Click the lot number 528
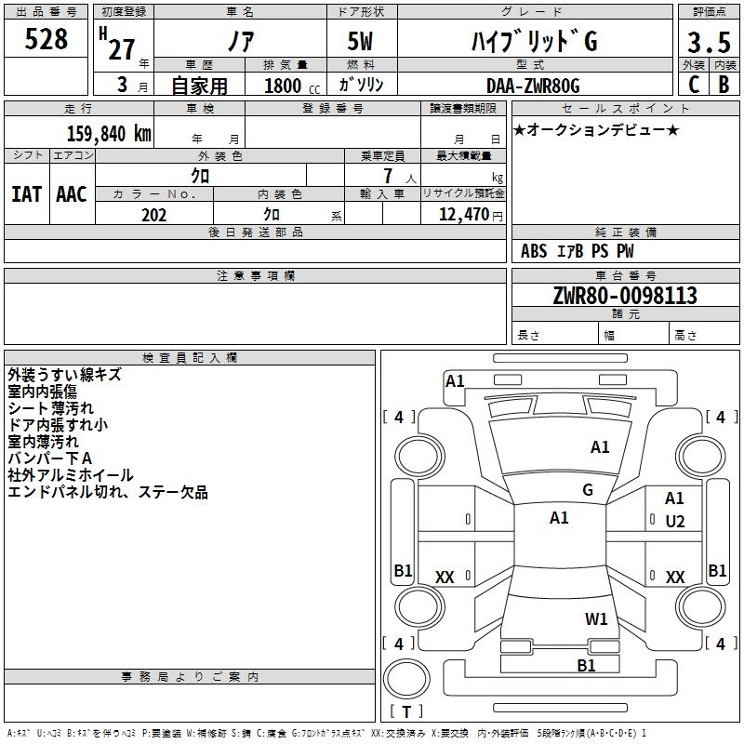pos(46,39)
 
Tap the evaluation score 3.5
pos(708,43)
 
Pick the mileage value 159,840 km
pos(109,133)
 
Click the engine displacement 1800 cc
pos(291,86)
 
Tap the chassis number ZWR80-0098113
pos(624,296)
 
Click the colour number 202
pos(153,215)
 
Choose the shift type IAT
pos(26,194)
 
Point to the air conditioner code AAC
pos(72,194)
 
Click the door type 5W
pos(362,42)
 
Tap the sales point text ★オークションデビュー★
pos(596,129)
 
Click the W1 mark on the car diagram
pos(596,618)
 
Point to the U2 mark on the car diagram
pos(675,522)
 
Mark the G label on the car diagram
pos(588,490)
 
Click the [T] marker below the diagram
pos(405,711)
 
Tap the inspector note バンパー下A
pos(50,458)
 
